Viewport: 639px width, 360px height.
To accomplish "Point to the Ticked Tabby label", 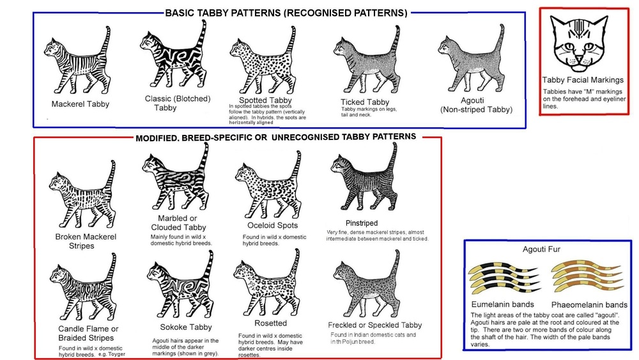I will [365, 102].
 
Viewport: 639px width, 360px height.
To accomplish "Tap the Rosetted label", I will [270, 324].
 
